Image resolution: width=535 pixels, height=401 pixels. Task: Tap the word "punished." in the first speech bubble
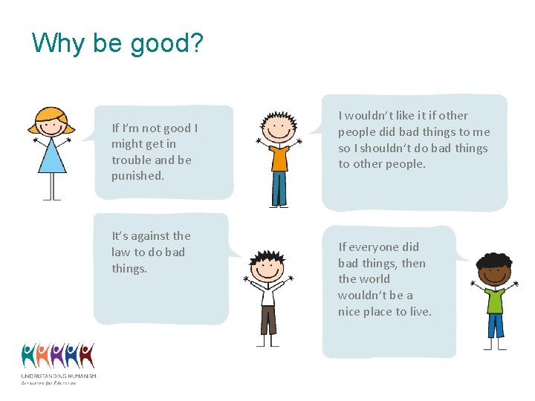click(137, 176)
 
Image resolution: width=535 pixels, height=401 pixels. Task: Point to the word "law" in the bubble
click(122, 252)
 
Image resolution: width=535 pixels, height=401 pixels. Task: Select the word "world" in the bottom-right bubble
click(375, 279)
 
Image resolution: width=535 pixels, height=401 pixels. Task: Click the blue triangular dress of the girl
click(52, 157)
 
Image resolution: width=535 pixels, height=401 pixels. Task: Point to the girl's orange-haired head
click(51, 122)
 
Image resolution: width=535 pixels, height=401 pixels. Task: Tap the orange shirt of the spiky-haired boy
click(279, 157)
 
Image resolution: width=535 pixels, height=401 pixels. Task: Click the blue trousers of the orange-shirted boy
click(279, 189)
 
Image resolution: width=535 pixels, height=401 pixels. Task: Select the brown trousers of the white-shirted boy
click(267, 320)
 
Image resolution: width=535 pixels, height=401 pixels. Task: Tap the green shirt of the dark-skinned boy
click(495, 299)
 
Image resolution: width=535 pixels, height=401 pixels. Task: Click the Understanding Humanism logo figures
click(58, 356)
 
